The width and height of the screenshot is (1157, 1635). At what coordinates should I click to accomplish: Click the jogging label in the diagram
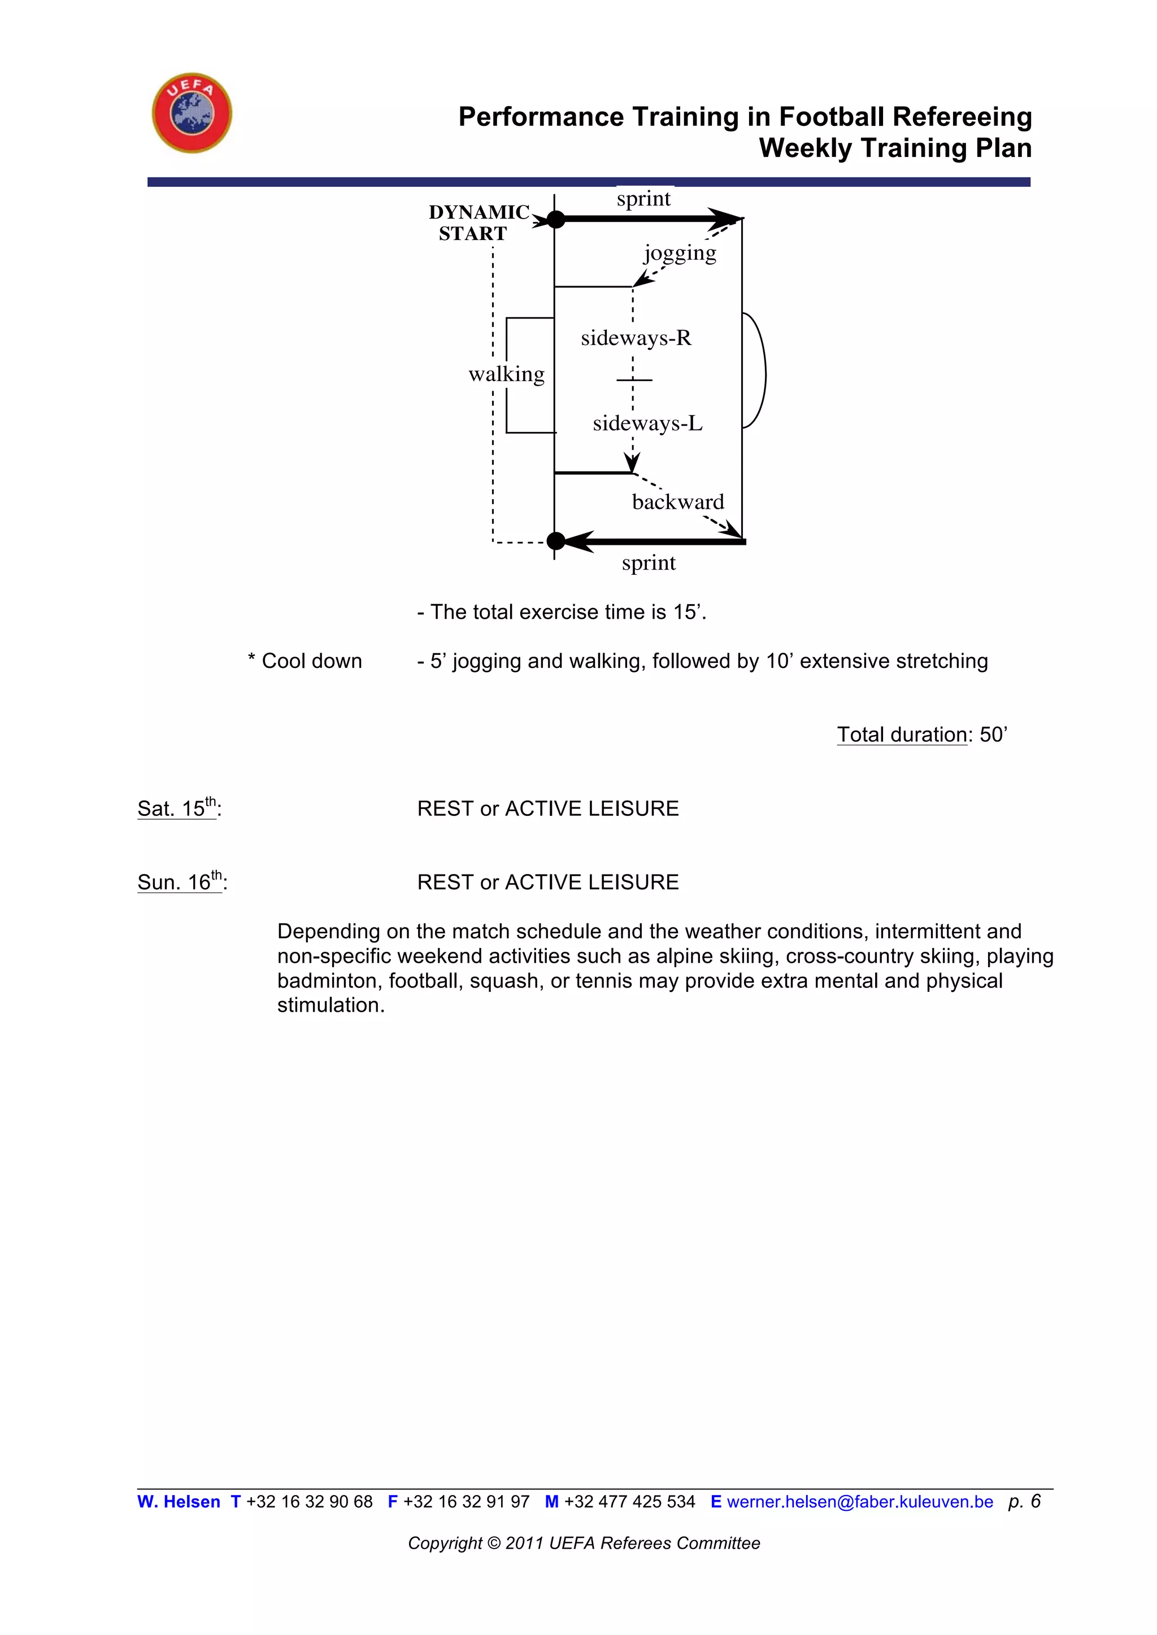(680, 253)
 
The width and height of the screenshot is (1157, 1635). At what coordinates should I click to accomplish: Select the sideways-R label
(636, 338)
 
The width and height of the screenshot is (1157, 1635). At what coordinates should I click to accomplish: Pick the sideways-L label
(647, 423)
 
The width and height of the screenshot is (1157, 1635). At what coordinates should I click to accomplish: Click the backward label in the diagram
(677, 502)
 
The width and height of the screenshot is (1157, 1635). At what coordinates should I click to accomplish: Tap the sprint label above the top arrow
(643, 199)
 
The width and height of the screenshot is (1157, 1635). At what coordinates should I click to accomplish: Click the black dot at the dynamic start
(556, 219)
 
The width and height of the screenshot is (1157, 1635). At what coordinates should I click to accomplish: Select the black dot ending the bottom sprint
(556, 541)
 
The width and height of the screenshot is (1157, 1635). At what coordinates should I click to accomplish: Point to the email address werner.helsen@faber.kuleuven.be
(859, 1502)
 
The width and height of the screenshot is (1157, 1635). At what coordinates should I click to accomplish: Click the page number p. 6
(1024, 1501)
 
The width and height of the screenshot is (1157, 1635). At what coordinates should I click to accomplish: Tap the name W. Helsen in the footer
(179, 1502)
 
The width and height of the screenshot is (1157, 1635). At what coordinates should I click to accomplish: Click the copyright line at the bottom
(584, 1543)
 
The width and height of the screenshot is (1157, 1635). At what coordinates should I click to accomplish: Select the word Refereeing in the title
(962, 117)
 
